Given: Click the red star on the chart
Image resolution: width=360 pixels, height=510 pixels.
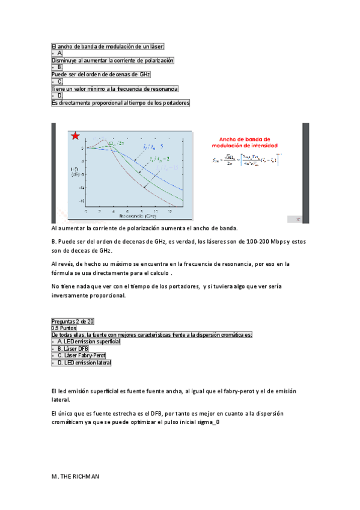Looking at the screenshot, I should click(x=75, y=136).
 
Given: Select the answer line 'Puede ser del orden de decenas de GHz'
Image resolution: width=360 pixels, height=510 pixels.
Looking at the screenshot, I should click(x=101, y=75).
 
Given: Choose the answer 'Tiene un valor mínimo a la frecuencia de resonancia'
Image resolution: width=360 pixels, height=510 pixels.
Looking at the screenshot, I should click(x=115, y=88).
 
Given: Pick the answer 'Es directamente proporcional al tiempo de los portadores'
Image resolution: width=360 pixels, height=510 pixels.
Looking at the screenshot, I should click(x=120, y=103).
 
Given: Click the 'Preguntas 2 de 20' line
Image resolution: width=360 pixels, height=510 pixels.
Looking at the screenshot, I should click(x=73, y=321).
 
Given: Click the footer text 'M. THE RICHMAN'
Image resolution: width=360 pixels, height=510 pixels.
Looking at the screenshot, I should click(x=75, y=476).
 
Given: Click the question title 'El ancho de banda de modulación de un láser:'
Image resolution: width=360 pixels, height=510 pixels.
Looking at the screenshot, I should click(x=108, y=47).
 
